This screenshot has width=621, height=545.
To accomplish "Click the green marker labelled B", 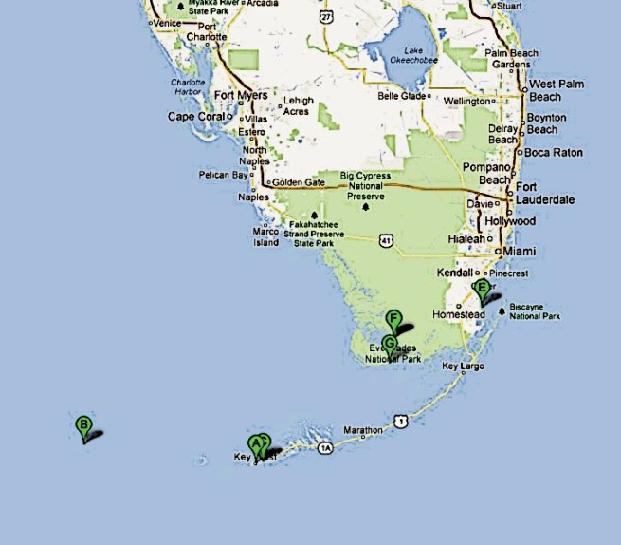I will coord(83,426).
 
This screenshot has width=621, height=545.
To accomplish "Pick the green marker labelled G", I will coord(389,344).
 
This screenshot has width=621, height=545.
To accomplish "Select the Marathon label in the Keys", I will coord(363,430).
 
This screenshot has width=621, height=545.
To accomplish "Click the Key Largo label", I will coord(463,366).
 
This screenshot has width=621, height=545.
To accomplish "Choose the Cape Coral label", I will coord(196,117).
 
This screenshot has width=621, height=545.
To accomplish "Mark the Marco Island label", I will coord(265,236).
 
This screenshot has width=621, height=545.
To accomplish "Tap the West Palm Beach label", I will coord(556,90).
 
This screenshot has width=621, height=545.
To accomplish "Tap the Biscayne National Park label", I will coord(535,311).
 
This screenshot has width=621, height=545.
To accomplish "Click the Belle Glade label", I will coord(403,96).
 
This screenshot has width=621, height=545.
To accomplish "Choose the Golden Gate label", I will coord(299,182).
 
